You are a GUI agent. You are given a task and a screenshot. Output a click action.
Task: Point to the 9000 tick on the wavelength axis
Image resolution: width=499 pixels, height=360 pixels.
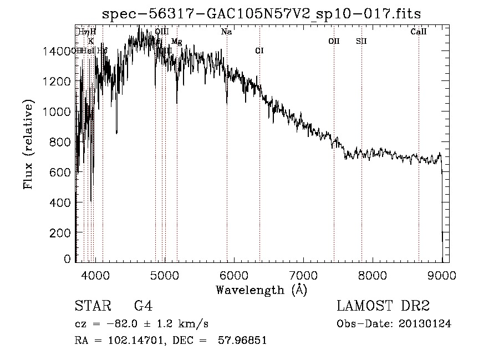point(442,273)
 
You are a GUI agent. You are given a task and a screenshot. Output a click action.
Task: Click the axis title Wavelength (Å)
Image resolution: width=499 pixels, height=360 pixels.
point(261,290)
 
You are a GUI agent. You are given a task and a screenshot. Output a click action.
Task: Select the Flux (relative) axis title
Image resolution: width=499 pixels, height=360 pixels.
point(28,144)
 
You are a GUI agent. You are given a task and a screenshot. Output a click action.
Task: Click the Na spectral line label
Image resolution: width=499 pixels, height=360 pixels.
point(226,32)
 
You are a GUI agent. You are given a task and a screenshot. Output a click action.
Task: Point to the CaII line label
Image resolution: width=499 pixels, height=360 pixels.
point(419,32)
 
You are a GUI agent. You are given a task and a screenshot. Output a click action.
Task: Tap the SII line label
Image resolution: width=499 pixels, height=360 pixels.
point(361,41)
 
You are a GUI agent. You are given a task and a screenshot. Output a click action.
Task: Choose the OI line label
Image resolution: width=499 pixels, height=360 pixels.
point(259,50)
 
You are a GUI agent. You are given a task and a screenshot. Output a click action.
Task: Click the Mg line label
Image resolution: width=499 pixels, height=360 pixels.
point(176,42)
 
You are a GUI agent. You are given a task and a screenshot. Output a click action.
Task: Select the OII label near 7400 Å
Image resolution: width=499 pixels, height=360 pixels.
point(334,41)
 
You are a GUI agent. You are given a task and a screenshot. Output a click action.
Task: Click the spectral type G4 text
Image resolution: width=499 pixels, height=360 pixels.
point(143,306)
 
